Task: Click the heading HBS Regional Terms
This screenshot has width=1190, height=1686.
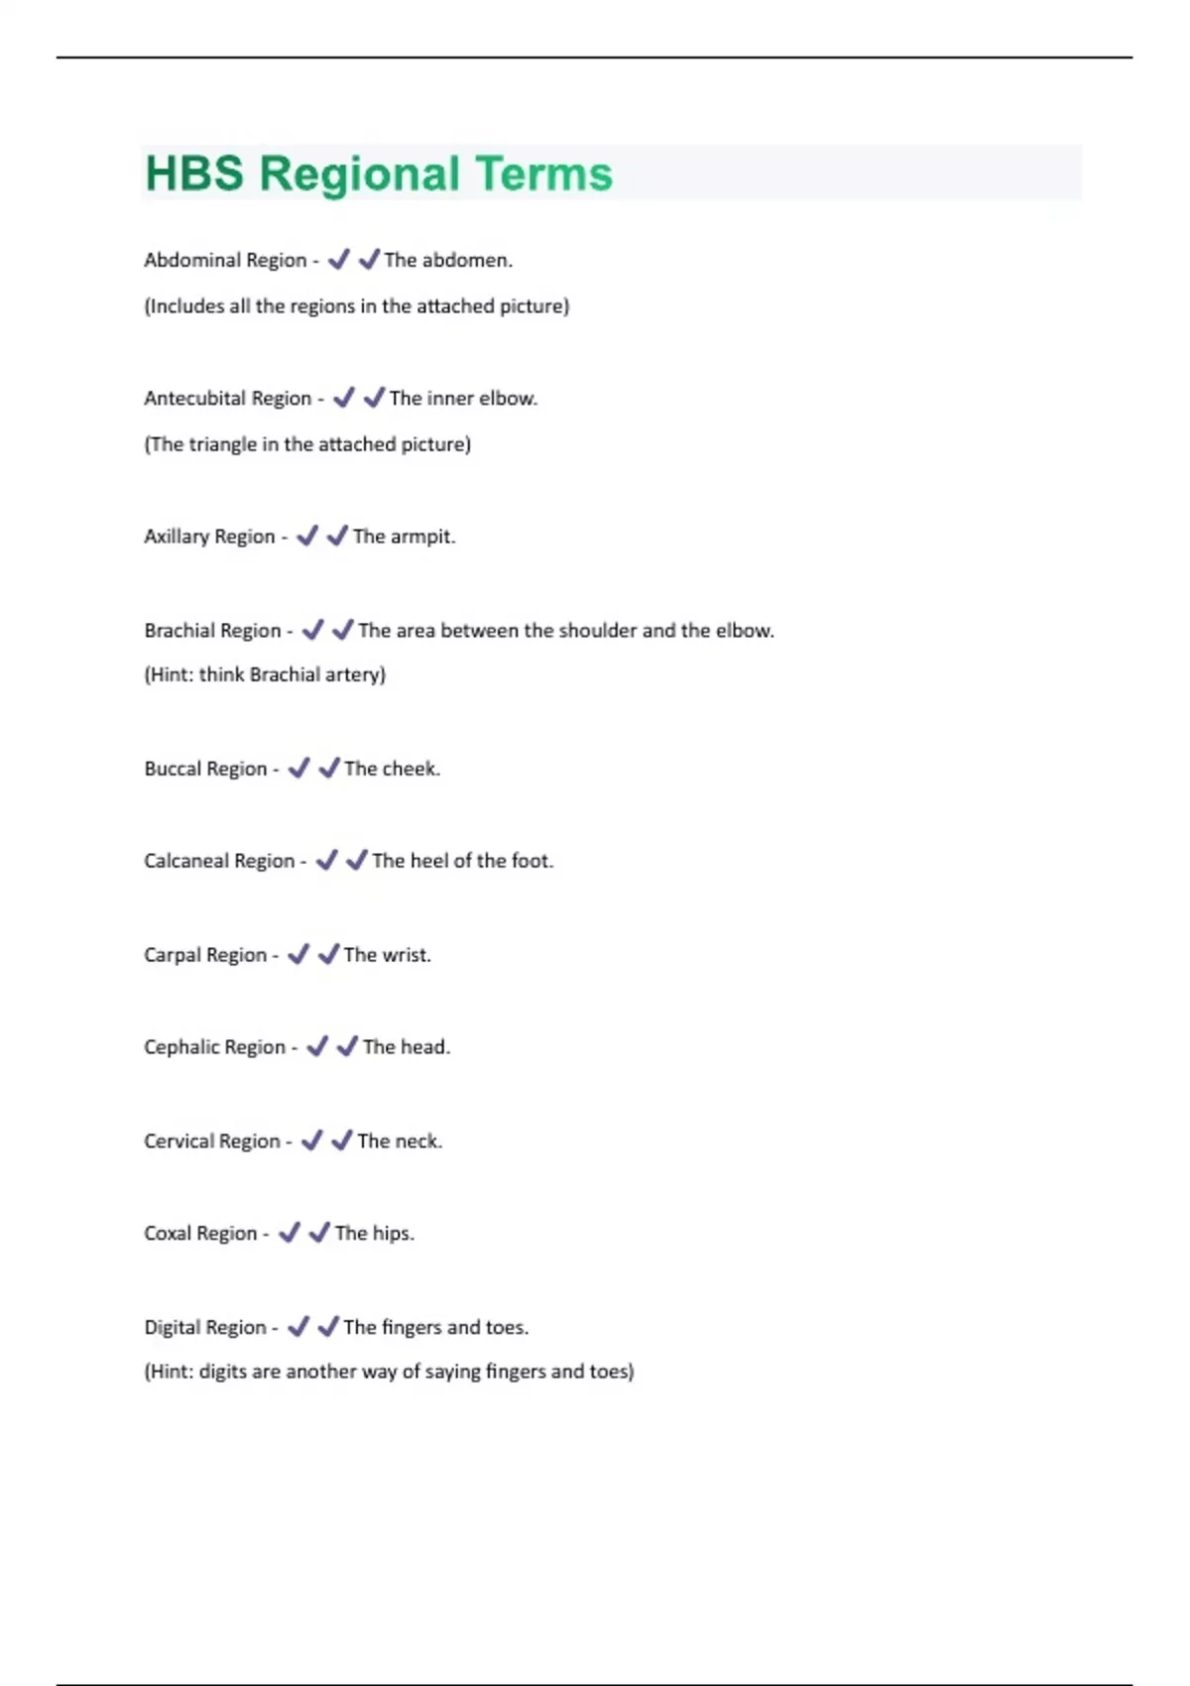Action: [379, 174]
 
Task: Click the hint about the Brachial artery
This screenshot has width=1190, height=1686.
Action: [265, 675]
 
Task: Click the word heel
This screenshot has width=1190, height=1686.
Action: [428, 861]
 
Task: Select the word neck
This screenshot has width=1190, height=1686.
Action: [417, 1142]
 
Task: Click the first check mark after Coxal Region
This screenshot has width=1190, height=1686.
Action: [289, 1233]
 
